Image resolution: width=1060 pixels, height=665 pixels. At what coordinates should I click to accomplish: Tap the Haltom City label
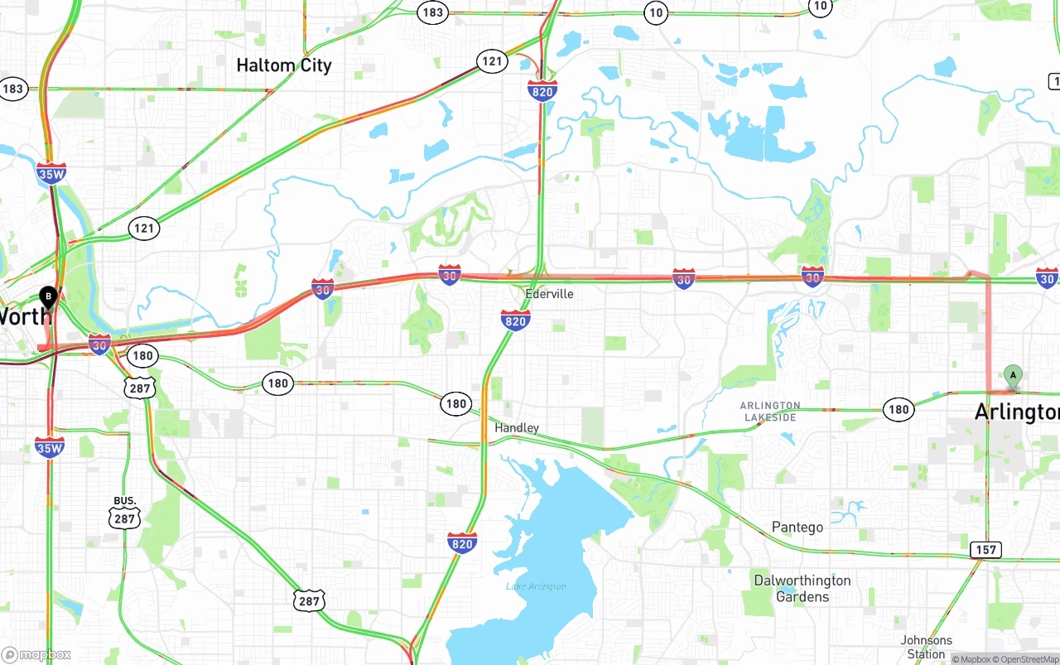[x=284, y=65]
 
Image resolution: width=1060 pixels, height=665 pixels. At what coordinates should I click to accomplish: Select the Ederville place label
[x=549, y=294]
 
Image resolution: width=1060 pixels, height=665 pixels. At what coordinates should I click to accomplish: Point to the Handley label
[x=517, y=428]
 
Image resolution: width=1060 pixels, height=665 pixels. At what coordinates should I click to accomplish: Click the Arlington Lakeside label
[x=770, y=412]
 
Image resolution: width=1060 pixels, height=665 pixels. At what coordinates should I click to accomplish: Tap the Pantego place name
[x=797, y=528]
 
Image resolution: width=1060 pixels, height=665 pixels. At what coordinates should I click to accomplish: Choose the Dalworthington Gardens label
[x=802, y=589]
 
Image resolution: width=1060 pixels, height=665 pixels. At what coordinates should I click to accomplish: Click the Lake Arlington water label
[x=536, y=586]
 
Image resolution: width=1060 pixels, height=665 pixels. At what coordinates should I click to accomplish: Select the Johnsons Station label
[x=927, y=647]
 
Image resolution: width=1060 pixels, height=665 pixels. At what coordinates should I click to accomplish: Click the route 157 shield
[x=986, y=550]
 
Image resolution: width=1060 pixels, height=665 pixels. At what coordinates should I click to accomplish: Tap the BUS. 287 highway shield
[x=124, y=513]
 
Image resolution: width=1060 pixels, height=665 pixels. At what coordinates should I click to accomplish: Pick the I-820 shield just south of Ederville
[x=515, y=320]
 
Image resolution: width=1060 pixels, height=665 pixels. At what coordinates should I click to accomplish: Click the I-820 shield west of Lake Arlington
[x=462, y=542]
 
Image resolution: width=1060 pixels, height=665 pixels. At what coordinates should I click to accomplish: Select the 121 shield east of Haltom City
[x=492, y=60]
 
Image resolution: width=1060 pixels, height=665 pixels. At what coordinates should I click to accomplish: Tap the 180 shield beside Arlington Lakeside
[x=899, y=408]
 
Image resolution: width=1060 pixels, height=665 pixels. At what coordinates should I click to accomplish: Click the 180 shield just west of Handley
[x=455, y=403]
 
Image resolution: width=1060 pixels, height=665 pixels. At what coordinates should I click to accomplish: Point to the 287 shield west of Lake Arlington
[x=309, y=600]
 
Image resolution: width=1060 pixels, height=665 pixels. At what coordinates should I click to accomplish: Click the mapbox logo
[x=36, y=654]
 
